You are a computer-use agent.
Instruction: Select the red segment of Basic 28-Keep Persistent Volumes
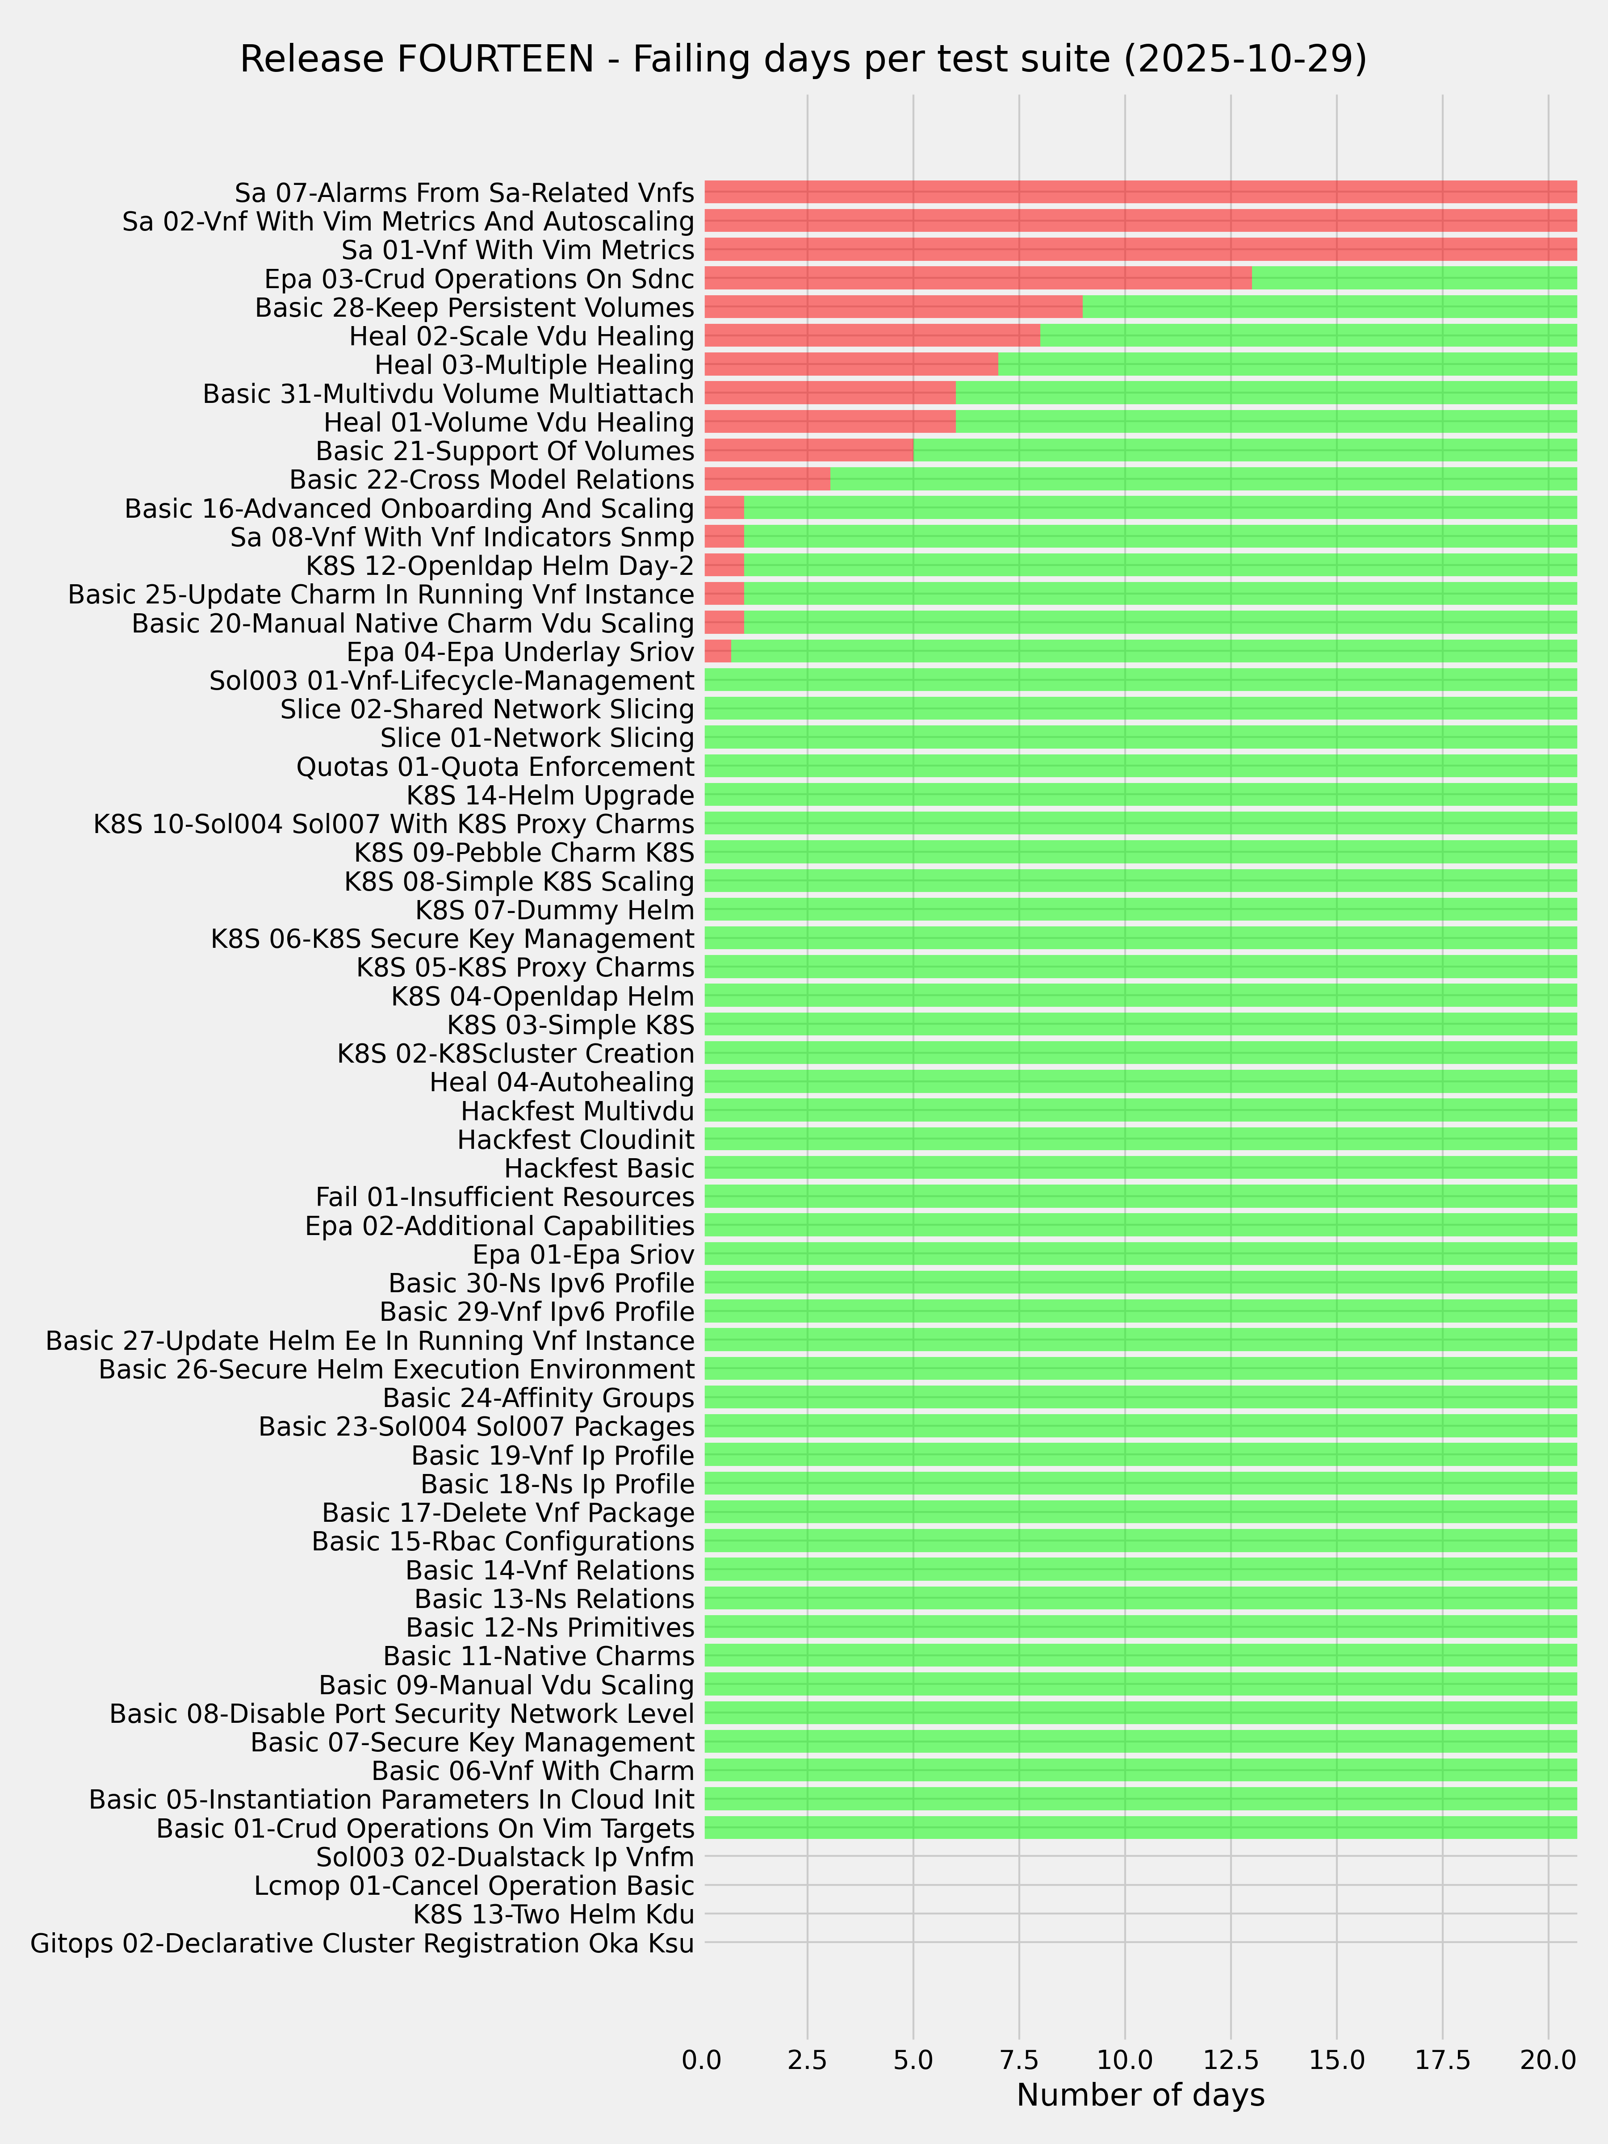pyautogui.click(x=893, y=307)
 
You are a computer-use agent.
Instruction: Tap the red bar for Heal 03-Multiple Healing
pyautogui.click(x=850, y=364)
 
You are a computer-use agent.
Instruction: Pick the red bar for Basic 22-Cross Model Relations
pyautogui.click(x=766, y=480)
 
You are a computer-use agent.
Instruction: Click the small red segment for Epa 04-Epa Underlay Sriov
pyautogui.click(x=717, y=651)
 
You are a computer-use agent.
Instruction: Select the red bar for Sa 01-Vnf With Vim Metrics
pyautogui.click(x=1140, y=250)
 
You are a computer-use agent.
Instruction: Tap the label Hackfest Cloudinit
pyautogui.click(x=576, y=1139)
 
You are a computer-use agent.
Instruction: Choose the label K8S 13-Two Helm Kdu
pyautogui.click(x=553, y=1914)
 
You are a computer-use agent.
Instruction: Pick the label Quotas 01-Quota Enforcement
pyautogui.click(x=495, y=766)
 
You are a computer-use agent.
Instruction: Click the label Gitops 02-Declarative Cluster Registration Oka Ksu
pyautogui.click(x=363, y=1943)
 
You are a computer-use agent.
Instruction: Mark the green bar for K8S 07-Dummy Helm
pyautogui.click(x=1140, y=910)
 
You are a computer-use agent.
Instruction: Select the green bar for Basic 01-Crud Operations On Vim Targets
pyautogui.click(x=1140, y=1828)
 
